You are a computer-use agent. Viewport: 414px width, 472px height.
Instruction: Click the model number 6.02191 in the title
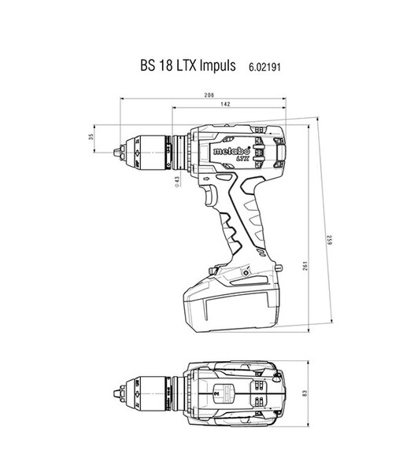(264, 67)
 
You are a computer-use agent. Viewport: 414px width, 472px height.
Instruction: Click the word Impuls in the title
(217, 65)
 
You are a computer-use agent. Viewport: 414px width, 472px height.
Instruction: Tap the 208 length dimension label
(209, 95)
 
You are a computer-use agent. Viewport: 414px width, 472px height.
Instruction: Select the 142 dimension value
(225, 104)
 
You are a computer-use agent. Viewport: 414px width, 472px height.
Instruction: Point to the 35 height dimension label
(91, 137)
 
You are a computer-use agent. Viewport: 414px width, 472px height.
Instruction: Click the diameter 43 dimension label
(178, 182)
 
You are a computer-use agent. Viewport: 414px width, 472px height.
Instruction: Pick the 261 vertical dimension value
(305, 266)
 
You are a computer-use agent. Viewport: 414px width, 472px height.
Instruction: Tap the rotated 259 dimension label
(330, 240)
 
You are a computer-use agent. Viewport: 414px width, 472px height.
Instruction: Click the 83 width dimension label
(305, 393)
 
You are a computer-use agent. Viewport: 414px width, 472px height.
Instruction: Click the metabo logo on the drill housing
(231, 151)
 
